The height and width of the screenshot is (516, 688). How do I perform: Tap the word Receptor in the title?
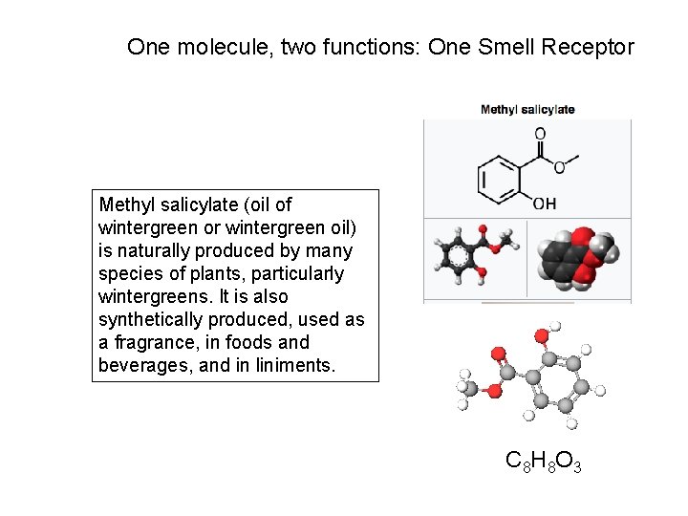pyautogui.click(x=591, y=47)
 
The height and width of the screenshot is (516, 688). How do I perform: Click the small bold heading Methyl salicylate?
pyautogui.click(x=527, y=110)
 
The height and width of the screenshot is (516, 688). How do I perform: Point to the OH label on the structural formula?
pyautogui.click(x=544, y=204)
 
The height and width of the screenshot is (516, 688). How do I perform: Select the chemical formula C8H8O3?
pyautogui.click(x=543, y=462)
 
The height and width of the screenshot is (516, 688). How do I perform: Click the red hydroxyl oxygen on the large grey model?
pyautogui.click(x=542, y=335)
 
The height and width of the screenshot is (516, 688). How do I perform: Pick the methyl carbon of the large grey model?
pyautogui.click(x=468, y=387)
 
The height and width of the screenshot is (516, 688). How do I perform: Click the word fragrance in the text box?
pyautogui.click(x=157, y=342)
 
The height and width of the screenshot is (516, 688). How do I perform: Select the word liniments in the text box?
pyautogui.click(x=297, y=365)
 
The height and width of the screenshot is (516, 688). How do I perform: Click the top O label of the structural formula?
pyautogui.click(x=540, y=134)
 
